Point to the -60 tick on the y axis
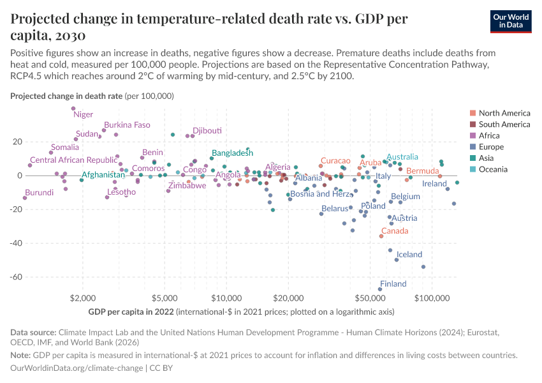18,277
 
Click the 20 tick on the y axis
18,142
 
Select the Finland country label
393,284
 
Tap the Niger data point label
83,114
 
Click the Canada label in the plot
395,231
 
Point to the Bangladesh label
232,153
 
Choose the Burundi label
39,192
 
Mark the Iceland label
409,254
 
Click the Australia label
402,157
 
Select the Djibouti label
207,130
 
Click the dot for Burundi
25,198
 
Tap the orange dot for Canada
381,236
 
